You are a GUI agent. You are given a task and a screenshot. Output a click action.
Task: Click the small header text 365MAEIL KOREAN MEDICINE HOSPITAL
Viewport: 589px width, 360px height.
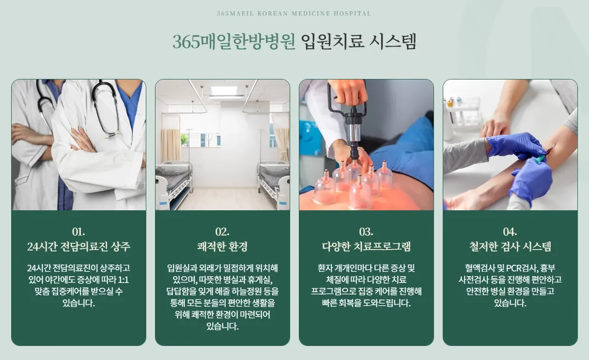[294, 14]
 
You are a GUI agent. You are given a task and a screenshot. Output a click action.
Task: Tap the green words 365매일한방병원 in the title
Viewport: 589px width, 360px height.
[234, 42]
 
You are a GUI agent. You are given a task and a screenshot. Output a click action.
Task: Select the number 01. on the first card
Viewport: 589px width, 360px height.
[78, 231]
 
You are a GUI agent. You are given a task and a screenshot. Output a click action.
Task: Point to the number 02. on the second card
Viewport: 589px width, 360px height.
[222, 231]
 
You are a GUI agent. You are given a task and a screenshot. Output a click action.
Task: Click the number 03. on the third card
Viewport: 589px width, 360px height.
[366, 231]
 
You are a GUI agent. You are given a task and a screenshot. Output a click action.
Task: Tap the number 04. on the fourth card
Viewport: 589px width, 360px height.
[510, 231]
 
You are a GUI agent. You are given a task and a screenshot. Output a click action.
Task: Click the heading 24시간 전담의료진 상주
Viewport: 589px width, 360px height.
[78, 247]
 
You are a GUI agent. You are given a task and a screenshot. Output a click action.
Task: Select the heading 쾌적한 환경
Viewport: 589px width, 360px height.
[222, 247]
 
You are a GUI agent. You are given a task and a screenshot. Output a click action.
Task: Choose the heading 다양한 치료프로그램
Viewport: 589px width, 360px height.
[366, 247]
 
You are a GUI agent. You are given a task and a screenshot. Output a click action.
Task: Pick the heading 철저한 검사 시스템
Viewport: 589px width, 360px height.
[510, 247]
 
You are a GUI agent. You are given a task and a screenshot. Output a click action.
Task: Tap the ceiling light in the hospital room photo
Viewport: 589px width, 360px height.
[224, 91]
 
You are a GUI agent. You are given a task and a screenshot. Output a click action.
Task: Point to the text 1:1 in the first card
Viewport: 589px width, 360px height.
[123, 280]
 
